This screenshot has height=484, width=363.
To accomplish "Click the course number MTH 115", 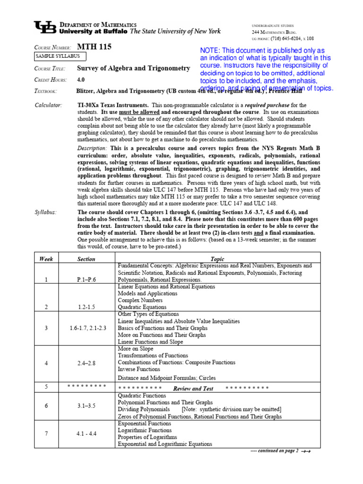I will [94, 47].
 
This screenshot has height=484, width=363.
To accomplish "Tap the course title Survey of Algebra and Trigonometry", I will [133, 68].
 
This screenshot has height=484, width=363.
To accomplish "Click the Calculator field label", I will [49, 104].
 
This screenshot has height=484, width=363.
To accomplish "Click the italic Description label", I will [93, 148].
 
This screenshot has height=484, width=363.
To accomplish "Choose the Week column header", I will [46, 259].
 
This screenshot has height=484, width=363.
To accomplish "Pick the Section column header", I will [86, 259].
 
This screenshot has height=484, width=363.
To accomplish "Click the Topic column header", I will [217, 259].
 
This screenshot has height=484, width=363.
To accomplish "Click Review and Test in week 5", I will [193, 389].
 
